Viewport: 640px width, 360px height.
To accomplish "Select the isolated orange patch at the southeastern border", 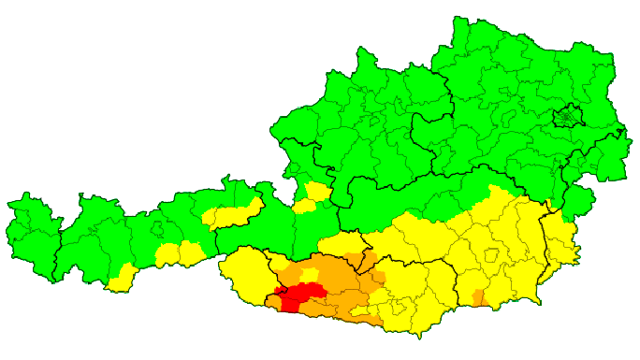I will click(479, 298).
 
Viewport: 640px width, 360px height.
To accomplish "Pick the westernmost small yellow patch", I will click(121, 278).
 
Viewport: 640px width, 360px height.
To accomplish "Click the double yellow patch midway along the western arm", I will click(178, 252).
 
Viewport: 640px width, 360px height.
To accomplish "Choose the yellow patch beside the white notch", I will click(316, 194).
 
